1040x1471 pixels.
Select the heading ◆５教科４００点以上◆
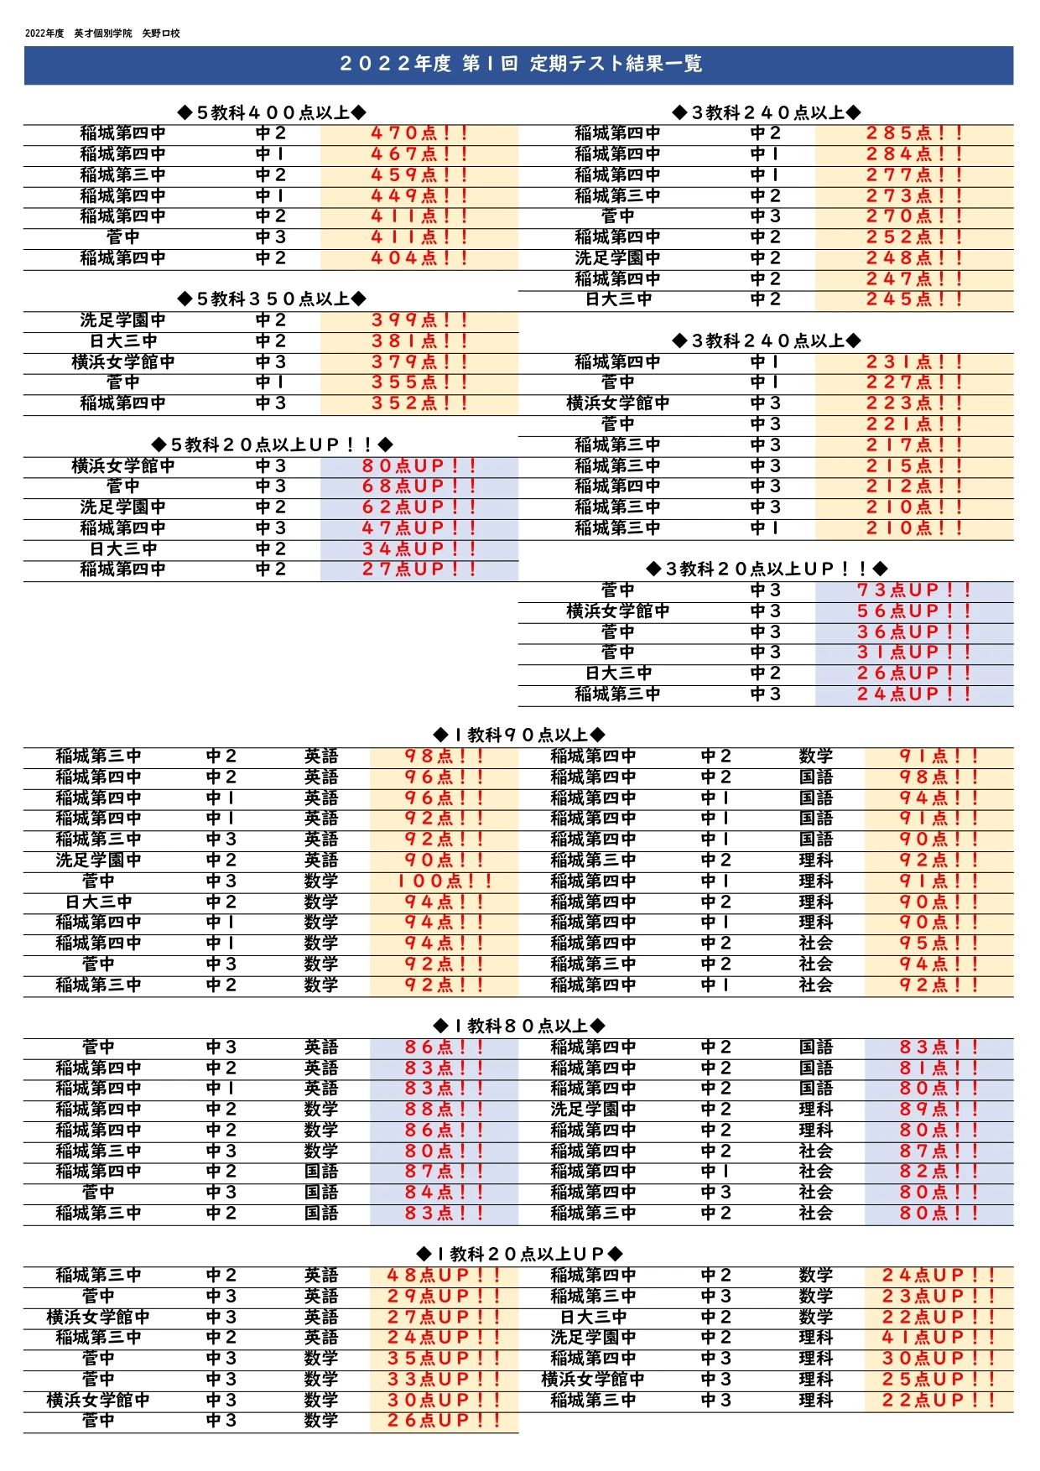pos(272,112)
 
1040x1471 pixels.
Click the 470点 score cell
pos(419,133)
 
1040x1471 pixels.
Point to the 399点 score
pos(419,320)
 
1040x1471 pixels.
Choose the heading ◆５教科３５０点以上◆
pos(272,299)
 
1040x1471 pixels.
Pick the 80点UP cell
pos(419,465)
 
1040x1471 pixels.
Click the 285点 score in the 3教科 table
pos(914,133)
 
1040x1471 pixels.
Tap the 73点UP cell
pos(914,590)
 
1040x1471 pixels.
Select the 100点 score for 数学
pos(444,881)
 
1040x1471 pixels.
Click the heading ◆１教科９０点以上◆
pos(519,735)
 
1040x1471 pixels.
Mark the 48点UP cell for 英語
pos(444,1276)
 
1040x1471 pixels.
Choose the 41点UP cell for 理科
pos(939,1338)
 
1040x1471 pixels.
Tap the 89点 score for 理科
pos(939,1110)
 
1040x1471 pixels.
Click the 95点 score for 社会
pos(939,943)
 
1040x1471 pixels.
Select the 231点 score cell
pos(914,362)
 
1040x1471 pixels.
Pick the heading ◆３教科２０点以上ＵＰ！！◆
pos(767,569)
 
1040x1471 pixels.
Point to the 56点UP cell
pos(914,611)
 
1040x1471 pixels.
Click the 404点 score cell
pos(419,258)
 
